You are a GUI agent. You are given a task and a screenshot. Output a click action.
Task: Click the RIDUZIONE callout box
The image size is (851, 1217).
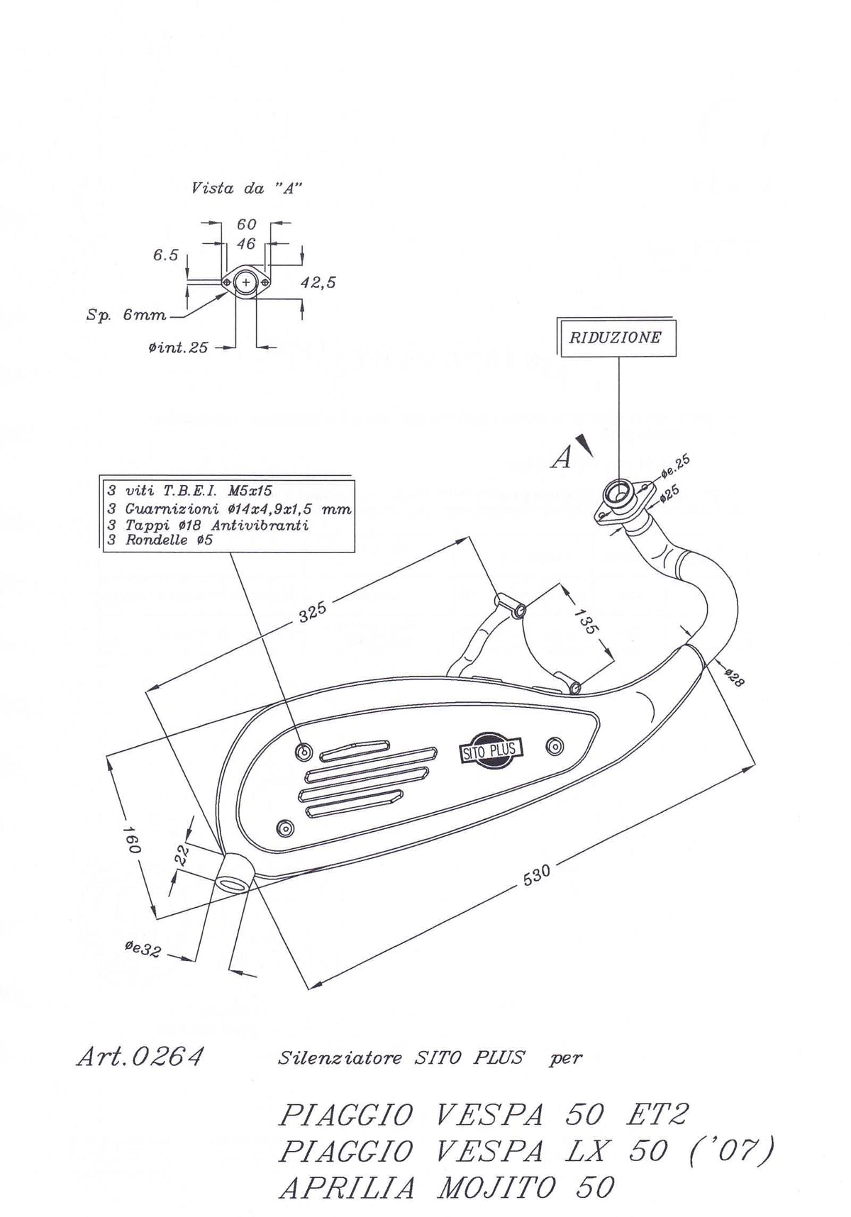pyautogui.click(x=616, y=337)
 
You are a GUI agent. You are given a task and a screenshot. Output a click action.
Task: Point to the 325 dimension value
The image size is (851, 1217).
pyautogui.click(x=312, y=611)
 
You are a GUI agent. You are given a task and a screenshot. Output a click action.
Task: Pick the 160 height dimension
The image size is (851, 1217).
pyautogui.click(x=133, y=838)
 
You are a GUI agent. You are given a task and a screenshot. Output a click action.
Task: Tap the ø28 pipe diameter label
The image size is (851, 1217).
pyautogui.click(x=734, y=678)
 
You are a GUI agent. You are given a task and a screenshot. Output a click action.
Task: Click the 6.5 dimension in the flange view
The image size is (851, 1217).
pyautogui.click(x=165, y=255)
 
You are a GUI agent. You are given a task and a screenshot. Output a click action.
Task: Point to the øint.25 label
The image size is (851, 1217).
pyautogui.click(x=179, y=348)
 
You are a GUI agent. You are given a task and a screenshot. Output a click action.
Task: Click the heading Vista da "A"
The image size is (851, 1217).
pyautogui.click(x=247, y=188)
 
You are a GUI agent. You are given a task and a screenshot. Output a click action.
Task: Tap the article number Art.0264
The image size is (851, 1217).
pyautogui.click(x=140, y=1057)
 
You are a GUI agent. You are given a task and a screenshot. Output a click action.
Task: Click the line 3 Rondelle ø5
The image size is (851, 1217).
pyautogui.click(x=160, y=540)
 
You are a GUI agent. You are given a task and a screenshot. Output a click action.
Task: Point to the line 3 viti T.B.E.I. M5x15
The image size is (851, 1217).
pyautogui.click(x=189, y=490)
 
